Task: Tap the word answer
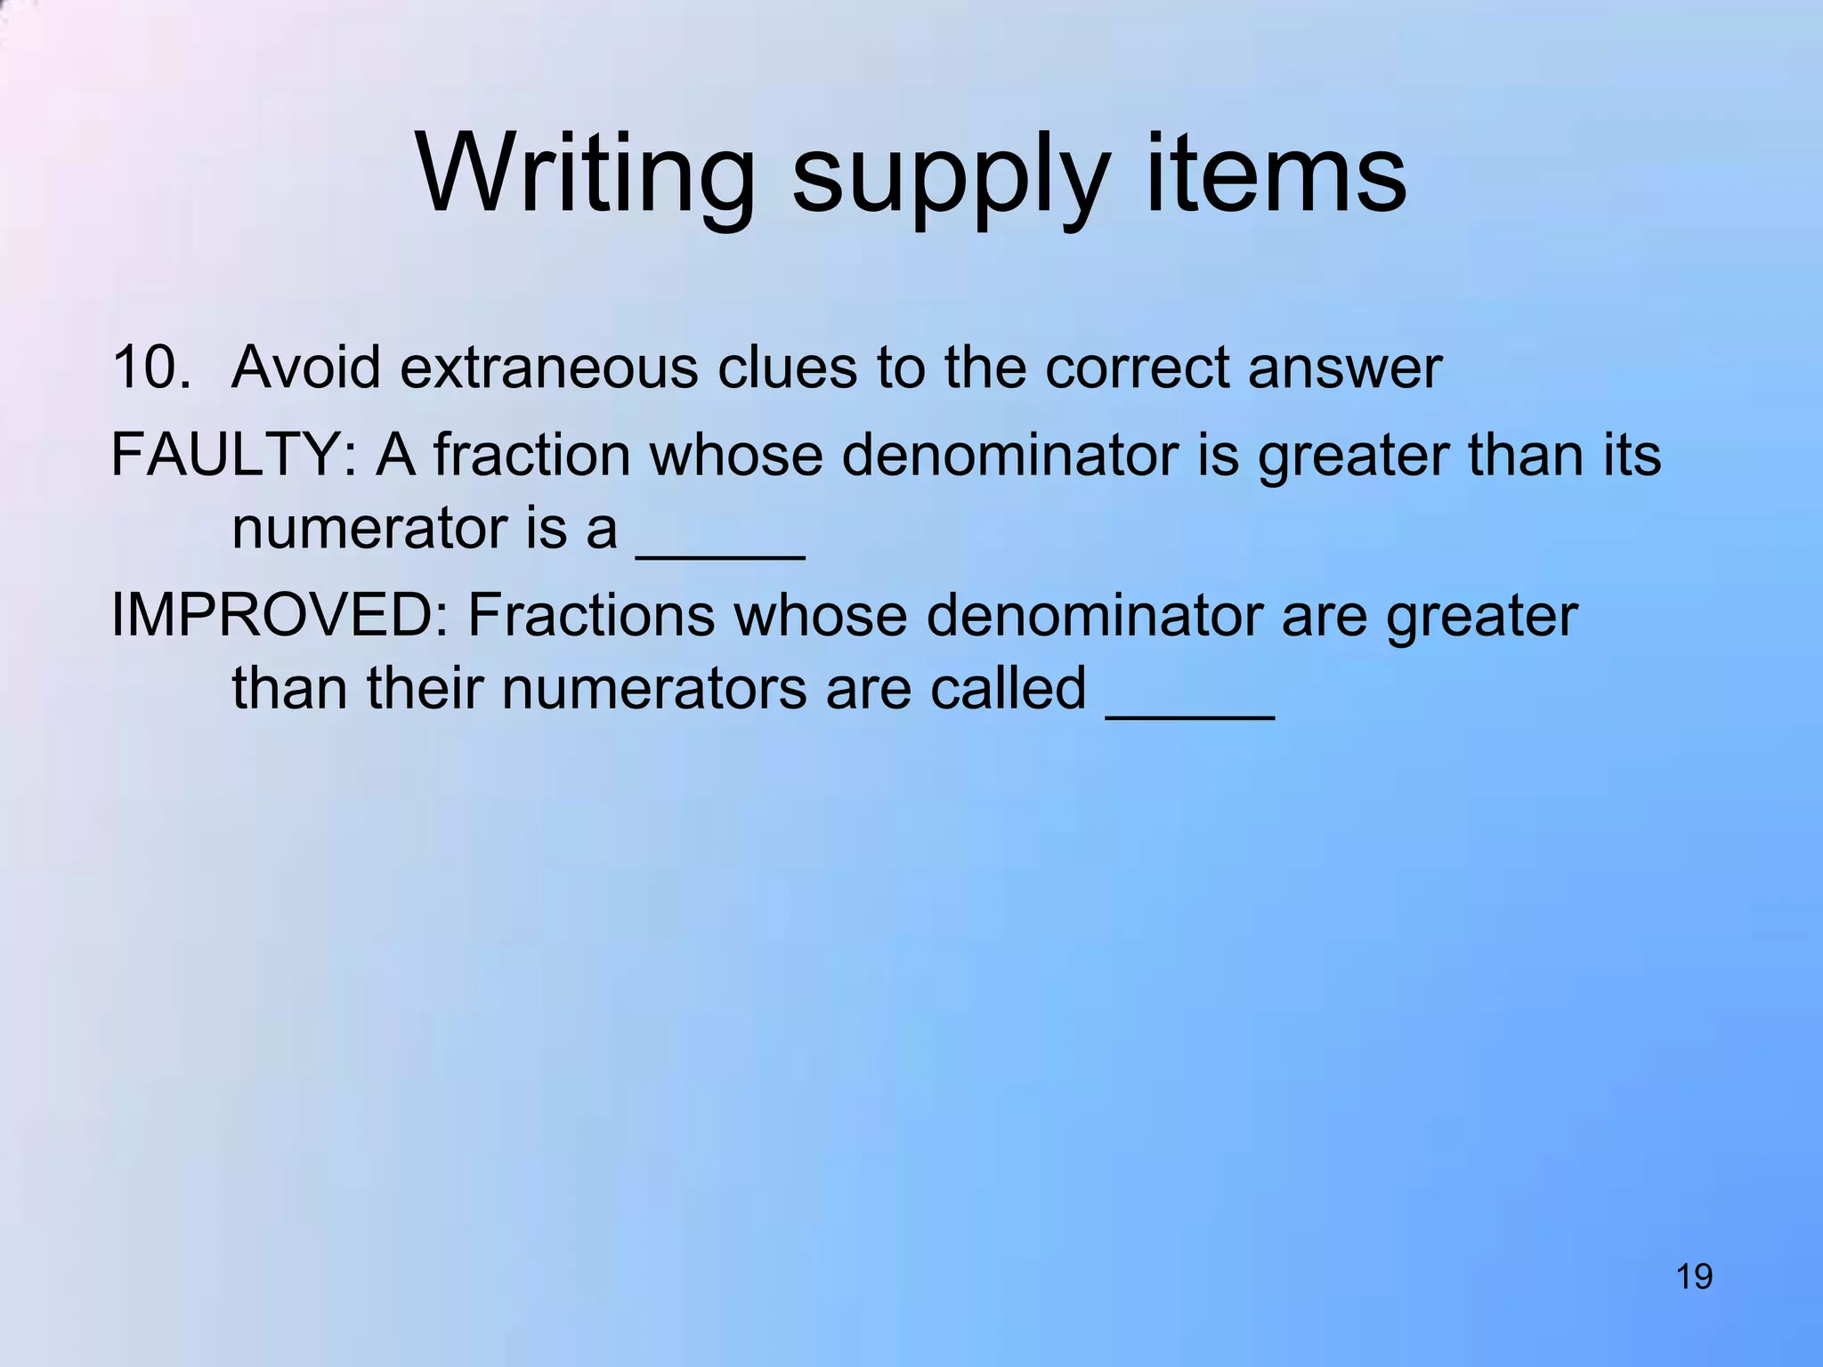[x=1344, y=368]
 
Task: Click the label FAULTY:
[x=233, y=455]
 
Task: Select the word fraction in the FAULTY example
[x=531, y=455]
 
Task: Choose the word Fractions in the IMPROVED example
[x=590, y=615]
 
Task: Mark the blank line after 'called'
[x=1190, y=714]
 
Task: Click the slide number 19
[x=1694, y=1277]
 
